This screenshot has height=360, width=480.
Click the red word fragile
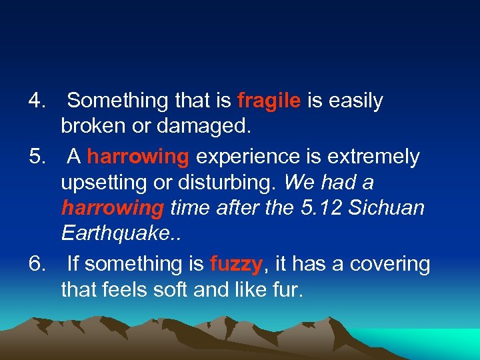point(269,101)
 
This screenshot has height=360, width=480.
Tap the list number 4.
point(36,101)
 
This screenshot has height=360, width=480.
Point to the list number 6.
point(36,265)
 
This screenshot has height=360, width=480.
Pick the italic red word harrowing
point(112,209)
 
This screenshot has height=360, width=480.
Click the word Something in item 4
point(117,101)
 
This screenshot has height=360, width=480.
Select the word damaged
point(199,127)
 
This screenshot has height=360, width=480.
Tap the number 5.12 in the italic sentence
point(320,209)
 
